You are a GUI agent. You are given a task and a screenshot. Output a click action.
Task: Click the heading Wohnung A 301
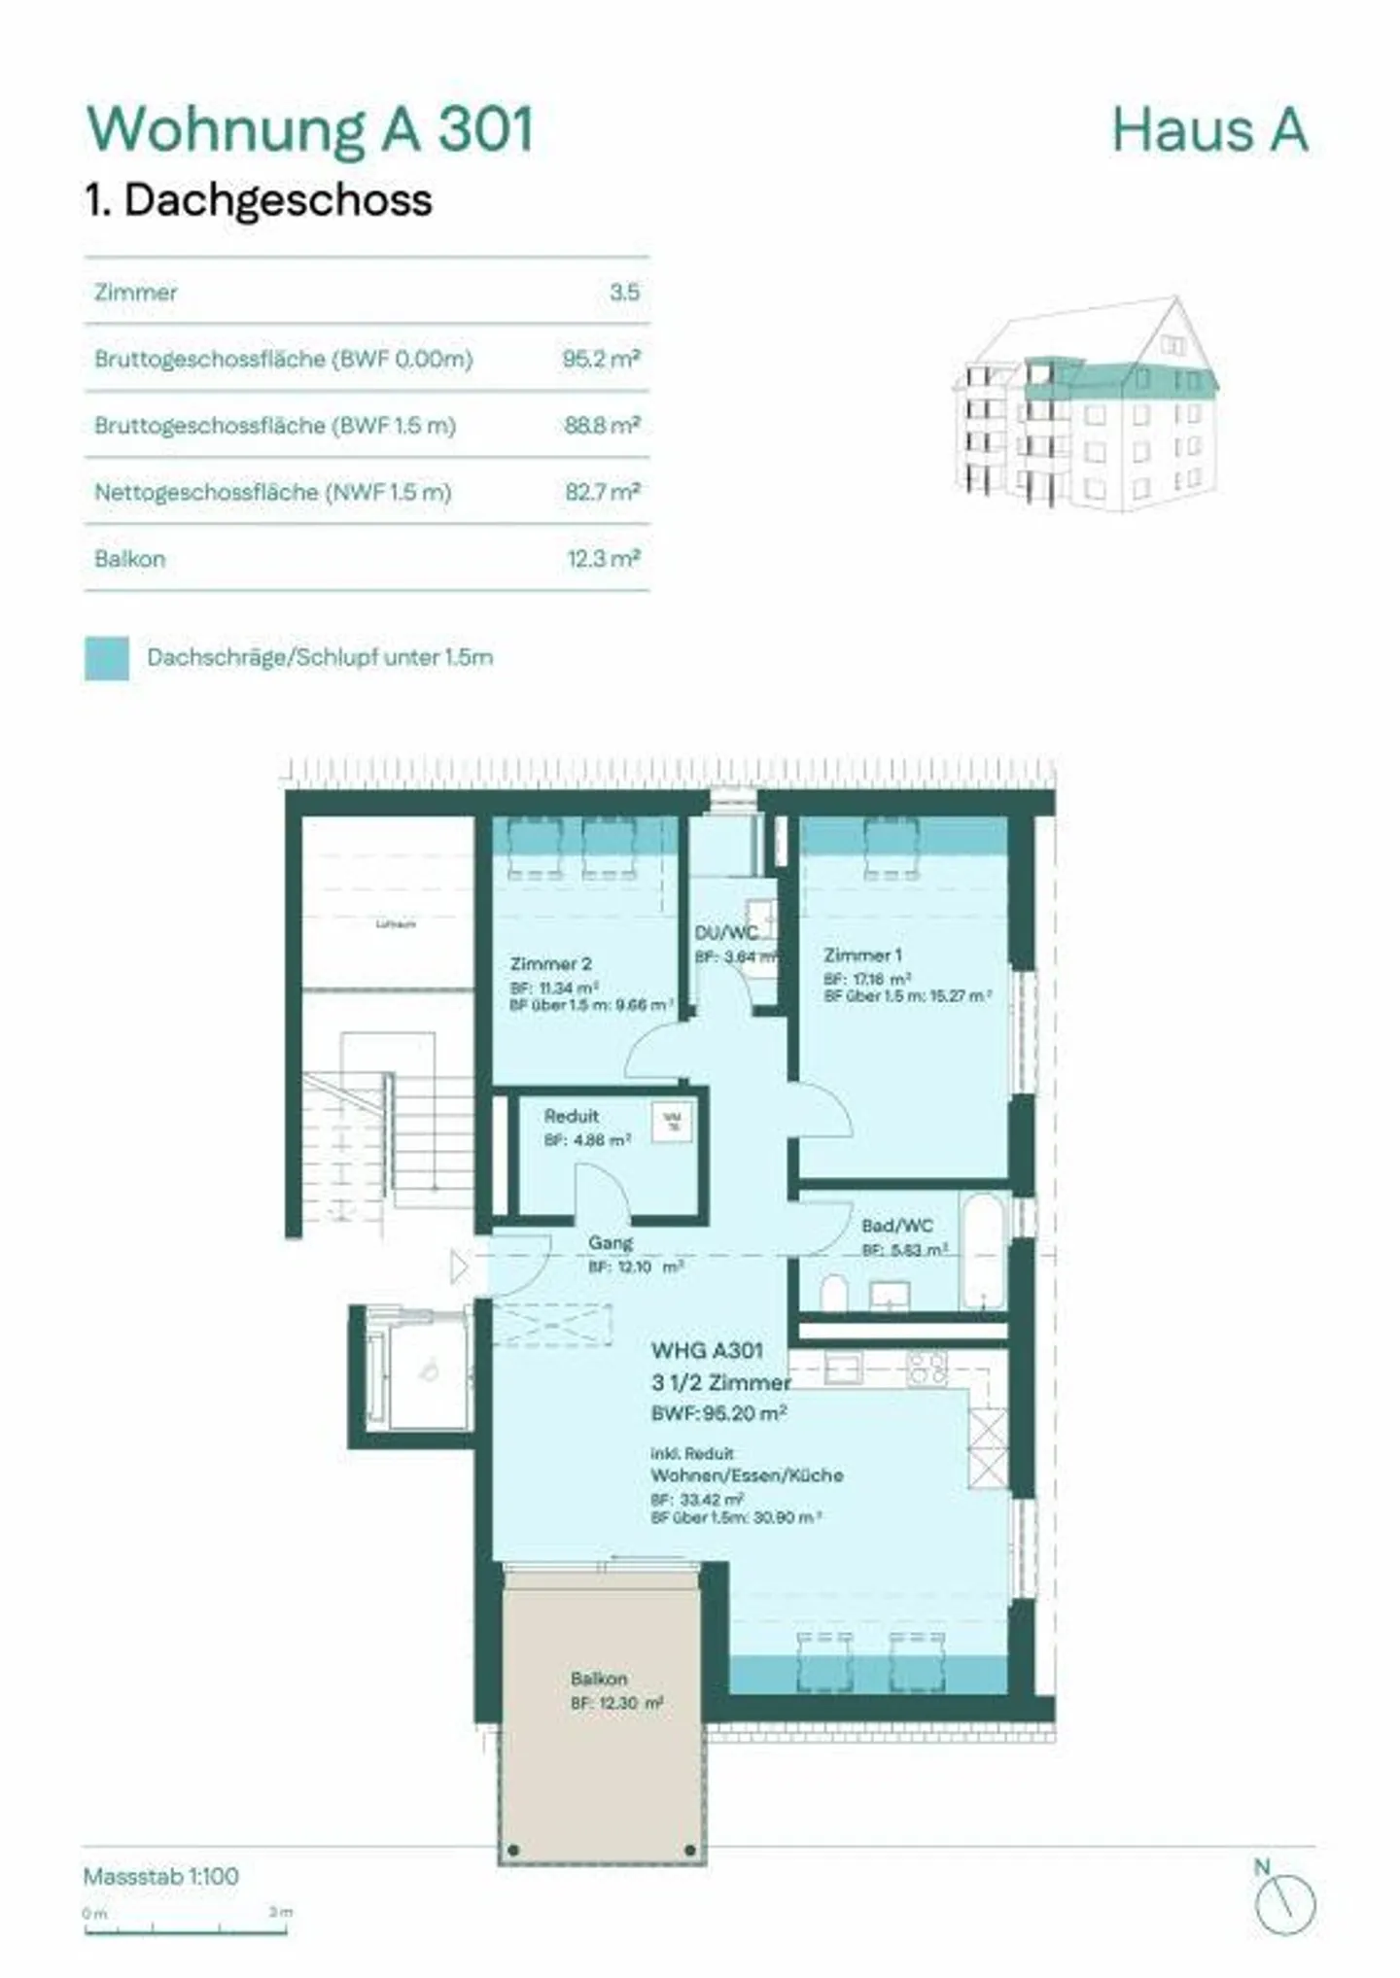pyautogui.click(x=311, y=129)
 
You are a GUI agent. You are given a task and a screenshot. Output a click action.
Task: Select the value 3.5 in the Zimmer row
pyautogui.click(x=624, y=292)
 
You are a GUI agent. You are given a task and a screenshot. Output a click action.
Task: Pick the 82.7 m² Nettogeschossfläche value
pyautogui.click(x=602, y=492)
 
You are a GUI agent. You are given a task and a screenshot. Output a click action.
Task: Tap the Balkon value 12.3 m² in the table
pyautogui.click(x=603, y=559)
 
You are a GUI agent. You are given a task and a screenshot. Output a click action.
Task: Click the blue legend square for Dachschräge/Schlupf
pyautogui.click(x=107, y=658)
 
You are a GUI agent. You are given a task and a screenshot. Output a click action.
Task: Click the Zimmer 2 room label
pyautogui.click(x=550, y=963)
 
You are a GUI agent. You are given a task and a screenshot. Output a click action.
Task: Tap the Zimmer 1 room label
pyautogui.click(x=862, y=954)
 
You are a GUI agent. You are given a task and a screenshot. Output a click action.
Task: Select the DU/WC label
pyautogui.click(x=725, y=933)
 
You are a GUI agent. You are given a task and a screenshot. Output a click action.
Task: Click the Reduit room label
pyautogui.click(x=571, y=1116)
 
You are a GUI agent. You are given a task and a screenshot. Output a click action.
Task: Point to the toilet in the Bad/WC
pyautogui.click(x=833, y=1293)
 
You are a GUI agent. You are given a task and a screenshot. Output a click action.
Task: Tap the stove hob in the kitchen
pyautogui.click(x=927, y=1368)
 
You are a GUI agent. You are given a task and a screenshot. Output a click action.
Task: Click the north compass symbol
pyautogui.click(x=1284, y=1903)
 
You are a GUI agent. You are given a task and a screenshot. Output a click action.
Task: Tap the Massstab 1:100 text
pyautogui.click(x=161, y=1876)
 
